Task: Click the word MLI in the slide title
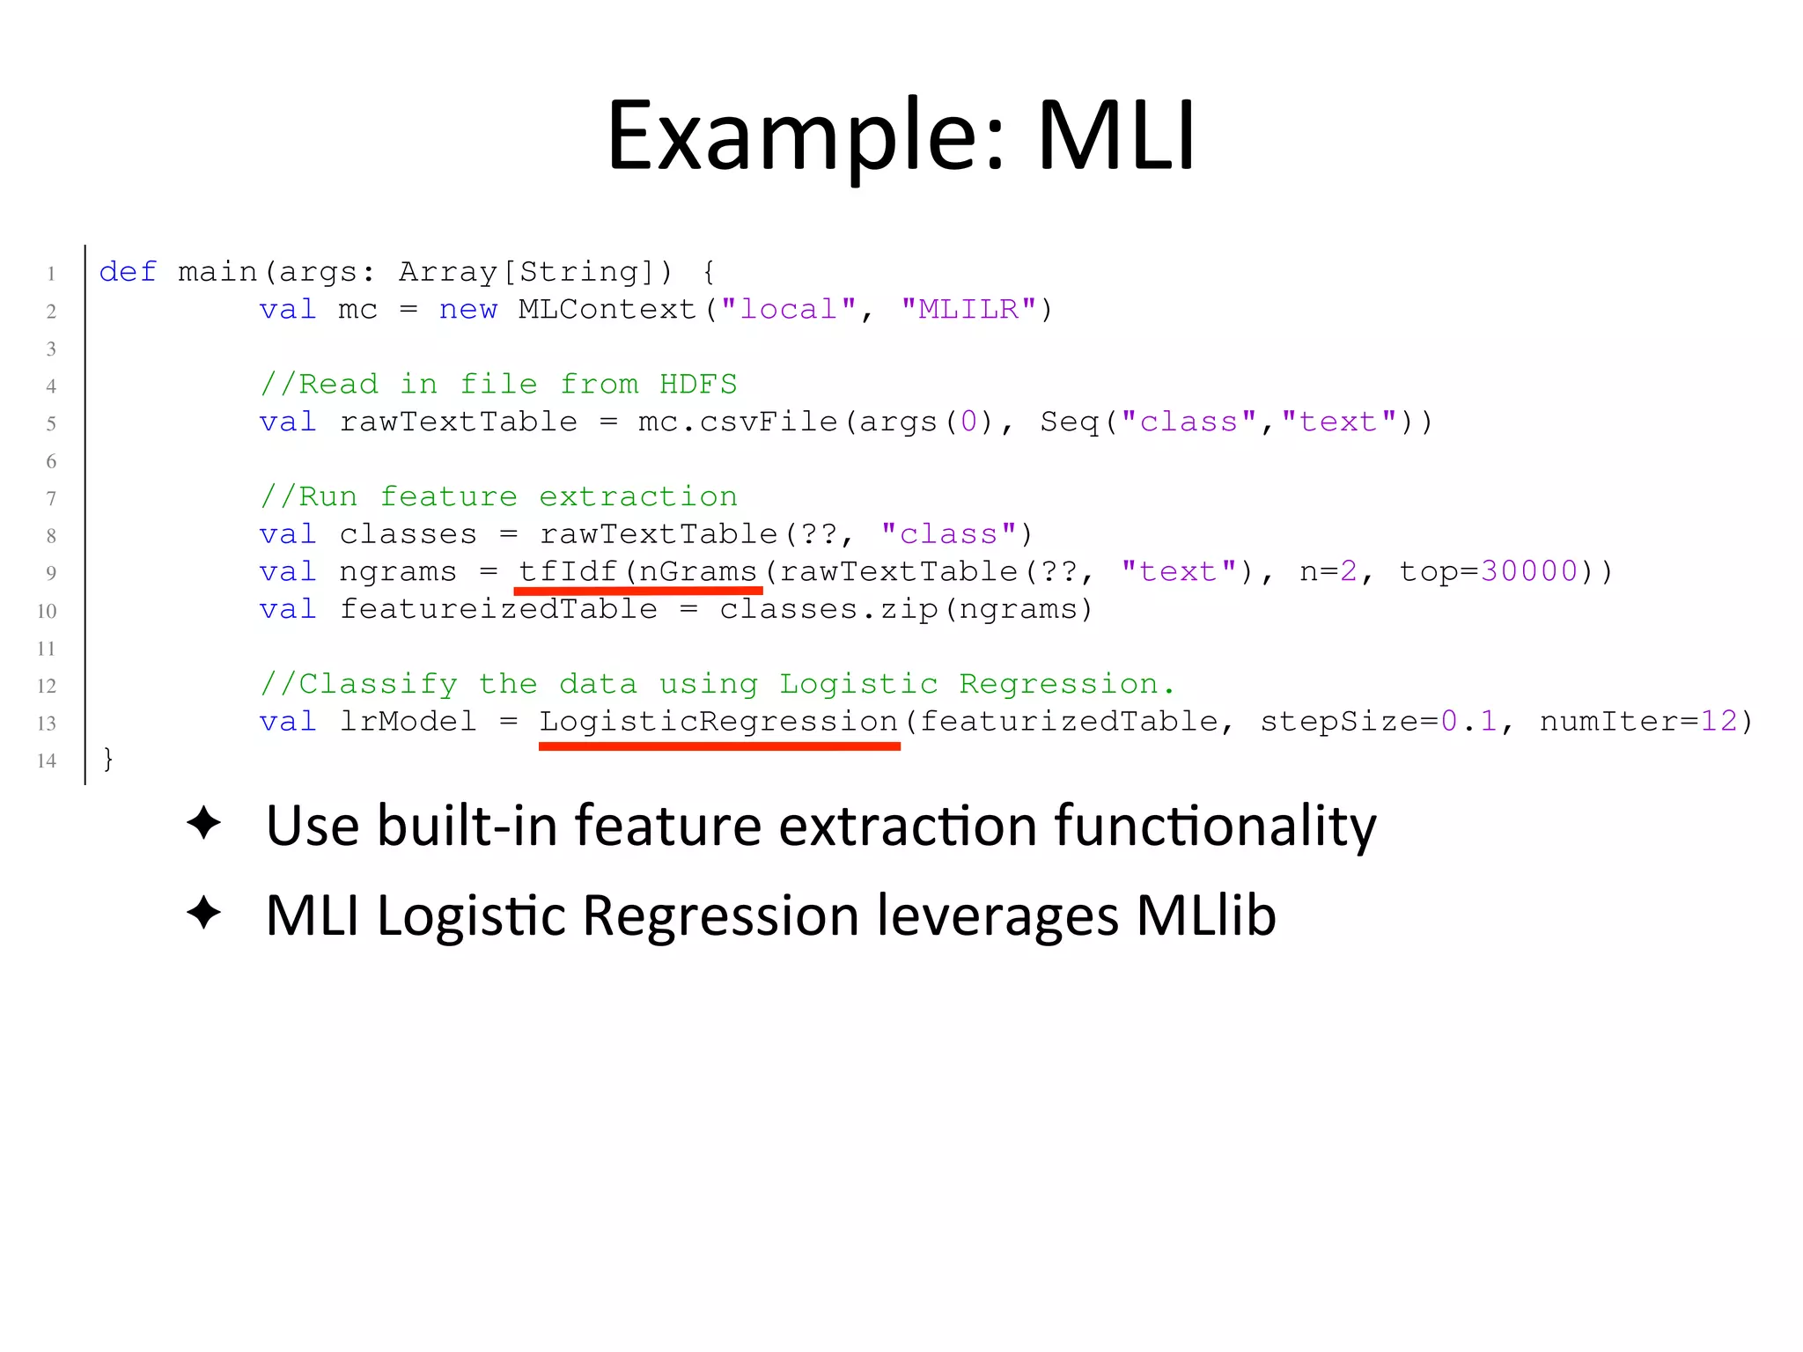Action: (x=1116, y=136)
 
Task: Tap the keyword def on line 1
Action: (x=128, y=271)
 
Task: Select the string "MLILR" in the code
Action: (x=968, y=309)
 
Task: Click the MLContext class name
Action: (x=607, y=309)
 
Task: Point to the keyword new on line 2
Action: (x=467, y=309)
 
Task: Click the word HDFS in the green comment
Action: (x=698, y=384)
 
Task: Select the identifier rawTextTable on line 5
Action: (x=459, y=422)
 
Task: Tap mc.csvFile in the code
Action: (x=738, y=422)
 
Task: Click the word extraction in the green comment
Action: (x=638, y=496)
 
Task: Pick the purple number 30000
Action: (x=1529, y=571)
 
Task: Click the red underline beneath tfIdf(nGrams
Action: (x=638, y=591)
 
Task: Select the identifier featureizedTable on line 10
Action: (x=498, y=609)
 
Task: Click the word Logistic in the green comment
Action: (x=858, y=684)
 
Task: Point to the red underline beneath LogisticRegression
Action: (x=719, y=746)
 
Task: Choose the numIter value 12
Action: (x=1718, y=722)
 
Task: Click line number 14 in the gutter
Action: (x=47, y=760)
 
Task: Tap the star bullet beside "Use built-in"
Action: (x=204, y=823)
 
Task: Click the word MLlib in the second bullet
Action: (x=1205, y=915)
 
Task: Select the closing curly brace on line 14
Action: (x=108, y=759)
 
